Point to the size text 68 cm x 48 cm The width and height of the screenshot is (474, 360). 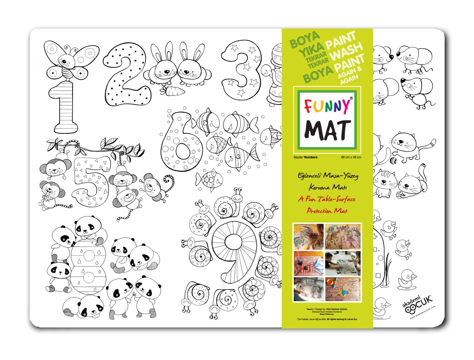tap(351, 157)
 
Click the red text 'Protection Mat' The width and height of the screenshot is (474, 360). tap(327, 211)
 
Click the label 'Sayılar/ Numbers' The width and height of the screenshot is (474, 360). tap(305, 157)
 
